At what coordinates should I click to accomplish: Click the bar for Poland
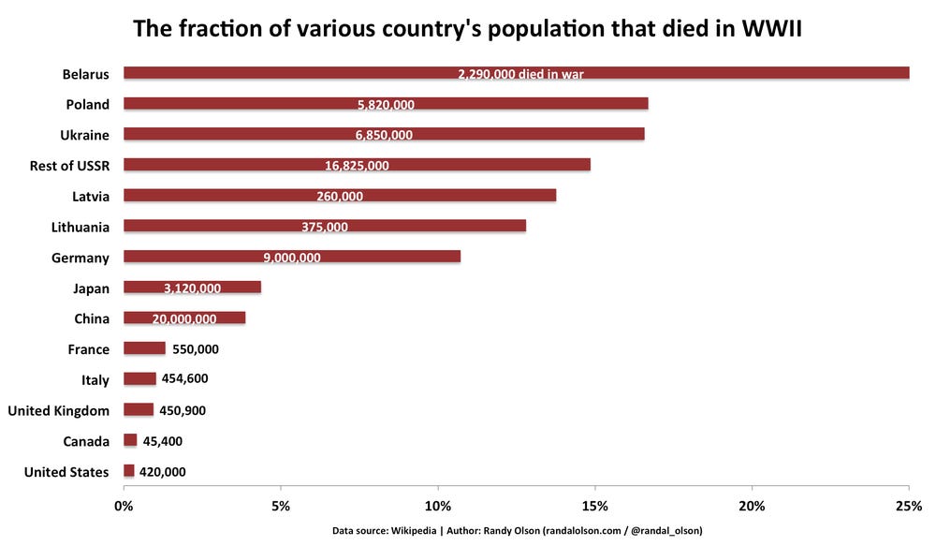pos(386,104)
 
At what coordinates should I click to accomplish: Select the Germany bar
pos(292,257)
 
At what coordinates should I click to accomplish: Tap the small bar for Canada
pos(130,440)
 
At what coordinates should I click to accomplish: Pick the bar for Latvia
pos(340,196)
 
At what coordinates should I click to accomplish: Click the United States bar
pos(129,471)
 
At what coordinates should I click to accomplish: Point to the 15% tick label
pos(594,507)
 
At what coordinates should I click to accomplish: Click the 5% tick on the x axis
pos(280,507)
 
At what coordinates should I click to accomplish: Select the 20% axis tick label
pos(752,507)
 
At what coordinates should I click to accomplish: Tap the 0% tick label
pos(124,507)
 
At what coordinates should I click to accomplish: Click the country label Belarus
pos(85,74)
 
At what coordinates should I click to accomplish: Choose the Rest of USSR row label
pos(69,166)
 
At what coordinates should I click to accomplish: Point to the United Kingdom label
pos(58,410)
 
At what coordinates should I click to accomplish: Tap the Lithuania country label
pos(80,227)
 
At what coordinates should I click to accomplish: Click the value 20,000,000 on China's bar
pos(183,318)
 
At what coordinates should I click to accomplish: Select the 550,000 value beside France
pos(196,348)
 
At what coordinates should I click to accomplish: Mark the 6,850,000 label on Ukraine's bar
pos(384,135)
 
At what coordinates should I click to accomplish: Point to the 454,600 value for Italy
pos(184,379)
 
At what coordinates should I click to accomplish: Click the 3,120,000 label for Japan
pos(192,288)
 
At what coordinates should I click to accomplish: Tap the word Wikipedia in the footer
pos(418,531)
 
